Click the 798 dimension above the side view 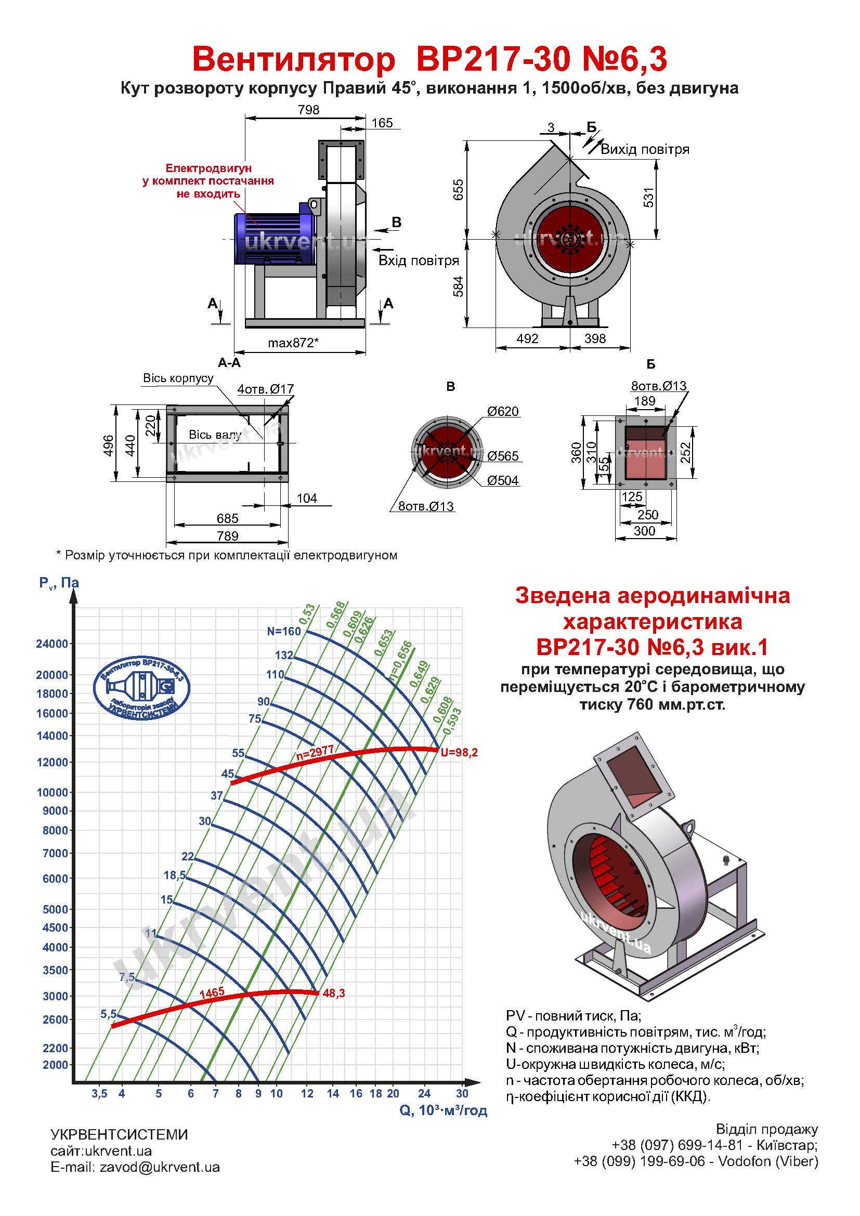[x=309, y=110]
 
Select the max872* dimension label [x=293, y=343]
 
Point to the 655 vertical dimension [x=458, y=189]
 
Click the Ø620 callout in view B [x=503, y=412]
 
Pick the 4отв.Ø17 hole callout [x=265, y=389]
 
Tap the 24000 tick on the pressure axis [x=52, y=644]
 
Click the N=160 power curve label [x=284, y=631]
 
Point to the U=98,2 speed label [x=459, y=752]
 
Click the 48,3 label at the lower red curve [x=334, y=993]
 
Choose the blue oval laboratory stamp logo [x=141, y=688]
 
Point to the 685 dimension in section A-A [x=228, y=518]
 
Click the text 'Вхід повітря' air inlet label [x=419, y=260]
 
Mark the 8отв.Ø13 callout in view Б [x=658, y=386]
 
